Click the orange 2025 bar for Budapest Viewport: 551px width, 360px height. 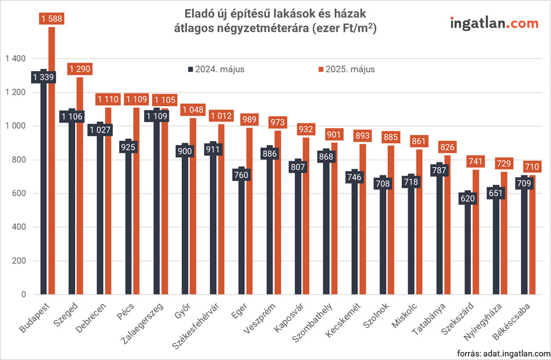[52, 169]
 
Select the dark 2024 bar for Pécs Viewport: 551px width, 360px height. [128, 226]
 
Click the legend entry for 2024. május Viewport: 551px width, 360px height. [216, 69]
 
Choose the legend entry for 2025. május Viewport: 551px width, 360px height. [346, 69]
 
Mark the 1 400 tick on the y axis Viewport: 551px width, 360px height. [15, 59]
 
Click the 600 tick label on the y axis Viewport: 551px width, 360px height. [19, 194]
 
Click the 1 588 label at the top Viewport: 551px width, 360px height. [51, 19]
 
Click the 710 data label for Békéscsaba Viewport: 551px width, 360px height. [532, 167]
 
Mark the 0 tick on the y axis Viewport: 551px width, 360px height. [23, 295]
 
